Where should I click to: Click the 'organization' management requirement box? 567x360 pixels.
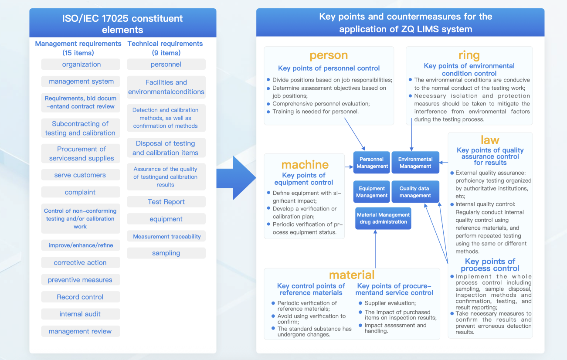coord(81,65)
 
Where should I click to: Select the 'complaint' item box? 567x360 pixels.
coord(80,192)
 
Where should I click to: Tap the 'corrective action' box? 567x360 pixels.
coord(80,263)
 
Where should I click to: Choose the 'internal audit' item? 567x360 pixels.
coord(80,314)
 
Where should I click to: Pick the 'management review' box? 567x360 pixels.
coord(80,331)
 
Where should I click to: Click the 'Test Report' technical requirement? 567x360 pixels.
coord(166,202)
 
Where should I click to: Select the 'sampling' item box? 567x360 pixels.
coord(166,253)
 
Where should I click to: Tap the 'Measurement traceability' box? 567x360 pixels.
coord(166,237)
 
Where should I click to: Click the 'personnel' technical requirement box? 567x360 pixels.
coord(166,65)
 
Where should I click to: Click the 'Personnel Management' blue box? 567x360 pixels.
coord(372,163)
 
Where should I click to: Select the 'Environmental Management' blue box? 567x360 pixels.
coord(415,163)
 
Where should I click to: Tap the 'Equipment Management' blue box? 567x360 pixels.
coord(372,192)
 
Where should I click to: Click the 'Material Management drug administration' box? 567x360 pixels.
coord(383,218)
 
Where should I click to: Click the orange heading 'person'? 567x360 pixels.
coord(329,55)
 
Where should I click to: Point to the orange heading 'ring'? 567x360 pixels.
coord(469,55)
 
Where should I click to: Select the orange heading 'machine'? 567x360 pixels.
coord(305,165)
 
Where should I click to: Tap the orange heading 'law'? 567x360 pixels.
coord(490,140)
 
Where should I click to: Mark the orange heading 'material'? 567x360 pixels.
coord(352,275)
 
